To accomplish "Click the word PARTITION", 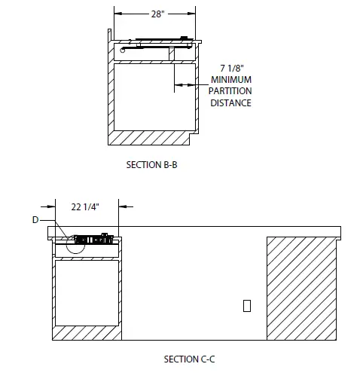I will coord(230,91).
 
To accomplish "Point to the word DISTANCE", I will coord(230,103).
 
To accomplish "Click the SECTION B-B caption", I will coord(153,164).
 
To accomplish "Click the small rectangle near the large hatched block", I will coord(246,305).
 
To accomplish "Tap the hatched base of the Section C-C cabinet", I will coord(87,332).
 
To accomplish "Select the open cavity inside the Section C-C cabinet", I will coord(87,292).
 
